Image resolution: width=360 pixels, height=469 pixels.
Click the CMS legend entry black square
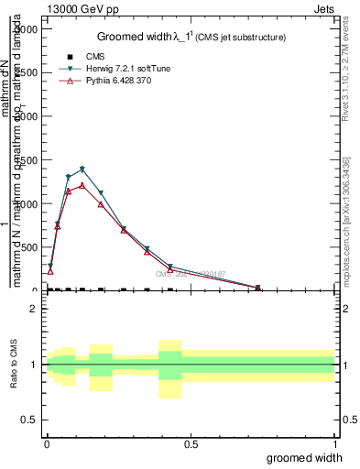(x=70, y=57)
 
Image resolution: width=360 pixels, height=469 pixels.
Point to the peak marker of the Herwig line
(x=108, y=169)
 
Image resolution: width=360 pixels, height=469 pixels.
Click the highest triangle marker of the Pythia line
(x=108, y=185)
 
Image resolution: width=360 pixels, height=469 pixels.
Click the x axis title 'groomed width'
(x=305, y=457)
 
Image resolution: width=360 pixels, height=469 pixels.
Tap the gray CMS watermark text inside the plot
(x=191, y=274)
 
